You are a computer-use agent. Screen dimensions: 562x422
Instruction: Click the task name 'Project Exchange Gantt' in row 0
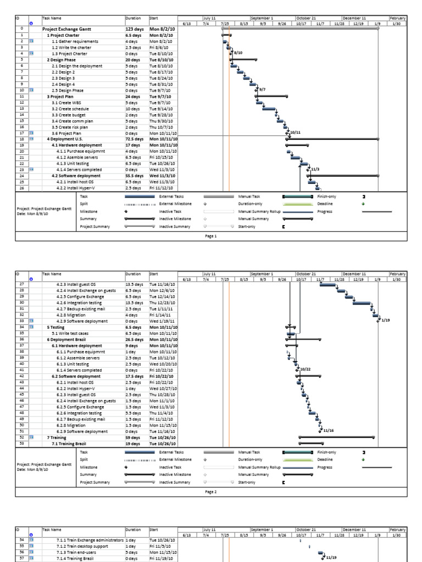point(67,28)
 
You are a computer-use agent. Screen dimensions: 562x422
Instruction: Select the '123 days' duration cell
point(134,28)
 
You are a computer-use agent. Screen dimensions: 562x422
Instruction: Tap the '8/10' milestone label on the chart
point(238,53)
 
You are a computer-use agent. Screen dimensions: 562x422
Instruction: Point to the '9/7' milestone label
point(262,89)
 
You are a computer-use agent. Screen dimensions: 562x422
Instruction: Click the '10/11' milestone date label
point(295,132)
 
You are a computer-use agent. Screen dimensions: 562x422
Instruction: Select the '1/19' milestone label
point(385,320)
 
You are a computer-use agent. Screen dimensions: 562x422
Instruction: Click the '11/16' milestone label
point(328,431)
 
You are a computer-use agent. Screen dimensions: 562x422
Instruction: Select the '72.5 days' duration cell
point(135,139)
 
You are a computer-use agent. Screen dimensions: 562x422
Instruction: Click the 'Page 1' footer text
point(212,236)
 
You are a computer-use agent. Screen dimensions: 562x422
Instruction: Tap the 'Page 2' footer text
point(212,492)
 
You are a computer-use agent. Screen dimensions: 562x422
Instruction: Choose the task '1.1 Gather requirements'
point(75,41)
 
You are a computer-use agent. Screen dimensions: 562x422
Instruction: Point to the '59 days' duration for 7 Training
point(132,437)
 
